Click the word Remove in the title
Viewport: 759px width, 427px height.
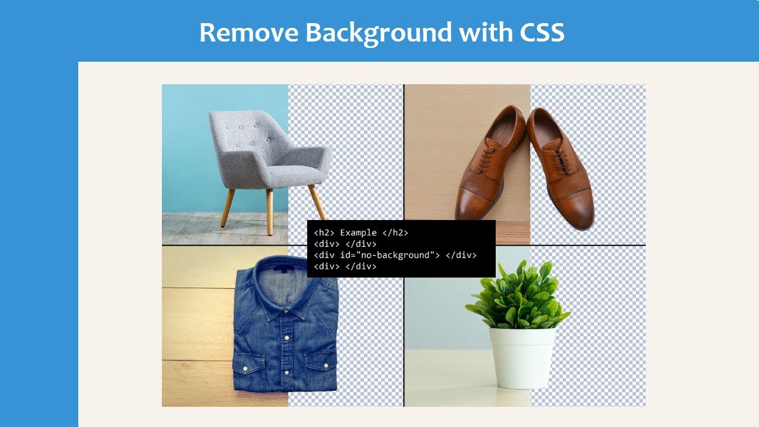point(248,33)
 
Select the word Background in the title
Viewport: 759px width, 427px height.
point(379,33)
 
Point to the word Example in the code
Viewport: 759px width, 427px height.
point(358,233)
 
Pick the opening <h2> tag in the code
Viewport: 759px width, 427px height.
point(324,233)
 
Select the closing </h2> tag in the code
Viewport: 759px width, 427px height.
point(396,233)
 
